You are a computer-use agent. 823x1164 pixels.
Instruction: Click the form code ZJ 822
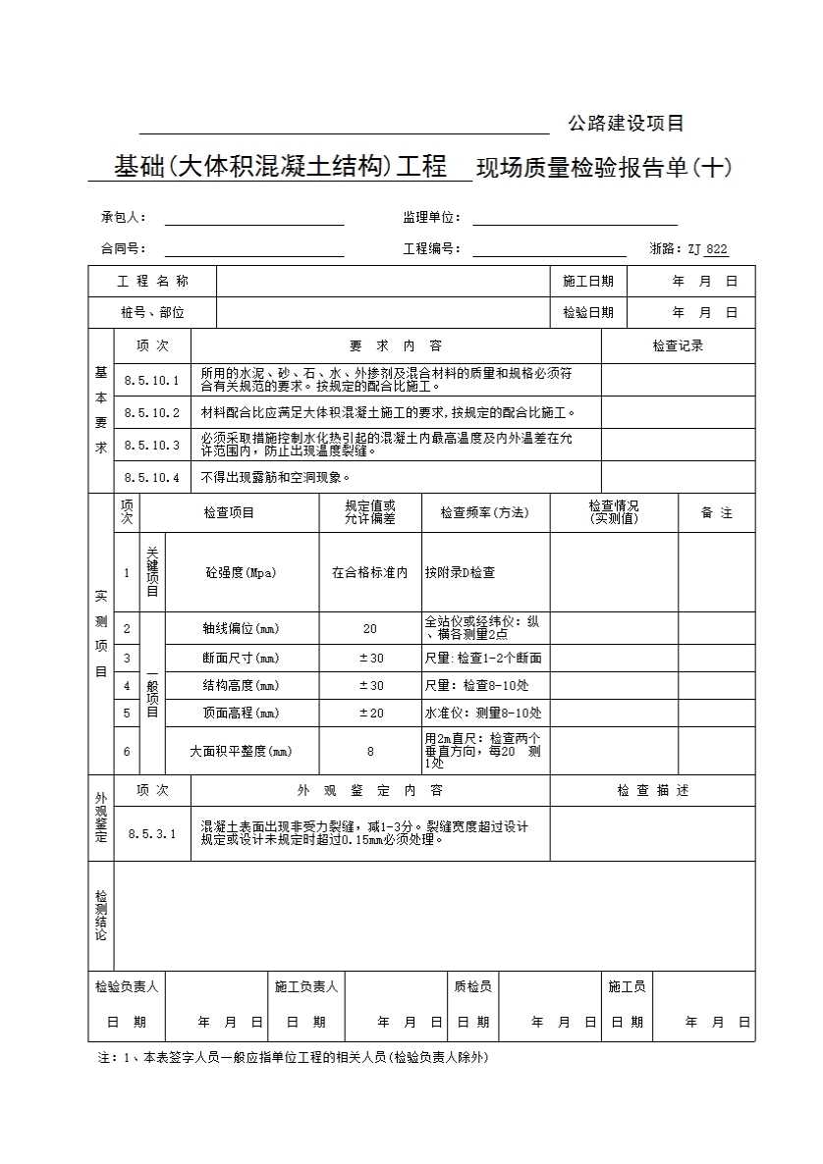click(707, 249)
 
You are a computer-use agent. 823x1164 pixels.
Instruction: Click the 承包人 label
click(124, 217)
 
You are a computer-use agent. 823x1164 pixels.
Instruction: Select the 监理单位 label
click(431, 217)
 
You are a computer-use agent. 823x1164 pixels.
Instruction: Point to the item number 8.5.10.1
click(152, 380)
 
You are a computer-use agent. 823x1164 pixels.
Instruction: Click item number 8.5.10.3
click(152, 445)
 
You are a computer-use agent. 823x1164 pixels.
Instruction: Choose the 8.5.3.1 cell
click(152, 834)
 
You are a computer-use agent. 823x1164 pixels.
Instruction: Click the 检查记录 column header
click(678, 345)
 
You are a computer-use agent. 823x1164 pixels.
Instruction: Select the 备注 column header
click(716, 513)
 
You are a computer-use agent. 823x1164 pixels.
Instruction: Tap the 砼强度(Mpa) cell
click(241, 573)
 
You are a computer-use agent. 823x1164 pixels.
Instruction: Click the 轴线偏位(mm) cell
click(241, 628)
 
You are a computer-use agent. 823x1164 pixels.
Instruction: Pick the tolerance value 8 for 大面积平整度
click(370, 752)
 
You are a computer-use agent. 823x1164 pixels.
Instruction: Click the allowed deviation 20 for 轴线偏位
click(370, 628)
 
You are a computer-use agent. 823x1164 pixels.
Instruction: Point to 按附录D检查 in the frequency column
click(460, 573)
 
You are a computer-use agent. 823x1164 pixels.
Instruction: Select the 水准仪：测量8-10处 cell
click(483, 714)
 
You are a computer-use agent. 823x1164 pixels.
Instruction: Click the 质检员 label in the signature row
click(472, 986)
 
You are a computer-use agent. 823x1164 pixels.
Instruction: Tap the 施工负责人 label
click(306, 986)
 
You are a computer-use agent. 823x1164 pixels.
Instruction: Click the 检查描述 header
click(652, 790)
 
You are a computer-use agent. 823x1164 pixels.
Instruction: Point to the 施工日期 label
click(588, 282)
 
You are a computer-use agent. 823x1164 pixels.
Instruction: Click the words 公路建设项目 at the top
click(626, 124)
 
